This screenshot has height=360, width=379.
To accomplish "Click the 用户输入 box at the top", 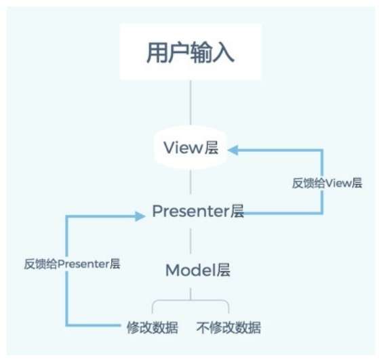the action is pyautogui.click(x=191, y=52).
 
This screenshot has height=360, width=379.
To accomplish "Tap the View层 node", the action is pyautogui.click(x=191, y=148).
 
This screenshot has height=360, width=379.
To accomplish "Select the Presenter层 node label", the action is pyautogui.click(x=198, y=211).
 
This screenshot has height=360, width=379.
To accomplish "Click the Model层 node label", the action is pyautogui.click(x=198, y=270).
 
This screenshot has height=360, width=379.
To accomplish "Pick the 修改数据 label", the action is pyautogui.click(x=153, y=327).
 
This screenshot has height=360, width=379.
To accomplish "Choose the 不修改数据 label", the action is pyautogui.click(x=228, y=327).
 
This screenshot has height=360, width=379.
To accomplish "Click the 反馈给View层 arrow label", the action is pyautogui.click(x=327, y=183).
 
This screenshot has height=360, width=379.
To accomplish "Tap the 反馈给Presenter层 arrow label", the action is pyautogui.click(x=72, y=264).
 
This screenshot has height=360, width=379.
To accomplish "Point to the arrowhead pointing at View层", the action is pyautogui.click(x=233, y=150).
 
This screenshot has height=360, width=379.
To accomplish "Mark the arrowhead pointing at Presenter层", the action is pyautogui.click(x=140, y=216).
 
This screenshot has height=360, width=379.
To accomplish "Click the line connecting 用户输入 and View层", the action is pyautogui.click(x=191, y=103).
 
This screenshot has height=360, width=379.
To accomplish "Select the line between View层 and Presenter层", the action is pyautogui.click(x=191, y=182).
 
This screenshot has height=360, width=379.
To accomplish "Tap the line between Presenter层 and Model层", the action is pyautogui.click(x=191, y=241).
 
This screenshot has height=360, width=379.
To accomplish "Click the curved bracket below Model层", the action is pyautogui.click(x=191, y=300).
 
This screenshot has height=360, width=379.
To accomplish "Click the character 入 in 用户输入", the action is pyautogui.click(x=223, y=52).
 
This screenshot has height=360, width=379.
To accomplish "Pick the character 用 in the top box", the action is pyautogui.click(x=157, y=52).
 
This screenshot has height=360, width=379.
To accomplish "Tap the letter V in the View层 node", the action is pyautogui.click(x=169, y=148).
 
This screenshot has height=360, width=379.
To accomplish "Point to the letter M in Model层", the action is pyautogui.click(x=173, y=270).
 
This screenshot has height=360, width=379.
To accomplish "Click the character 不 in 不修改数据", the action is pyautogui.click(x=203, y=327).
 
